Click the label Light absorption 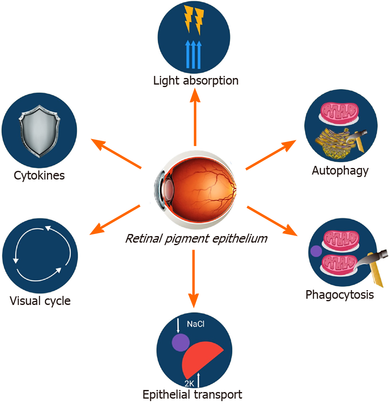tap(196, 80)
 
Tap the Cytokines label tap(39, 175)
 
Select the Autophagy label tap(340, 170)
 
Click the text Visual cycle tap(40, 300)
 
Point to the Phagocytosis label tap(340, 295)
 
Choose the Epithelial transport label tap(192, 394)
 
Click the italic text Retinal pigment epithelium tap(196, 239)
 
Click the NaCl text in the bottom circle tap(196, 324)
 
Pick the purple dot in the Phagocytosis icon tap(316, 251)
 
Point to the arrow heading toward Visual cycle tap(115, 220)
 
